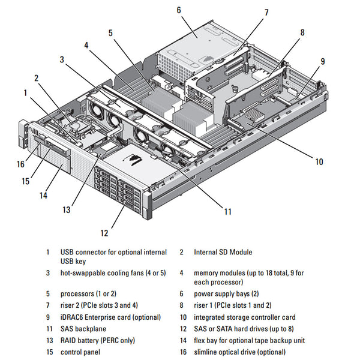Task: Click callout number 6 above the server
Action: tap(179, 10)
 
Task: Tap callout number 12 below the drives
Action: tap(104, 232)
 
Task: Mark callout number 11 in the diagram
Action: tap(227, 211)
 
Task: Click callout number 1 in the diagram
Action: tap(25, 92)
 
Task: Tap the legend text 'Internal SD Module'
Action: tap(223, 252)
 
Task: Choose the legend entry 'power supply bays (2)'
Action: tap(226, 295)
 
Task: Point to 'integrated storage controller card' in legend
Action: tap(244, 317)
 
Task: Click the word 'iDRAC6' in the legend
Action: tap(73, 317)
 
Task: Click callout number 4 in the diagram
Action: tap(86, 45)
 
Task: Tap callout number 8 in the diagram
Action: tap(302, 32)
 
